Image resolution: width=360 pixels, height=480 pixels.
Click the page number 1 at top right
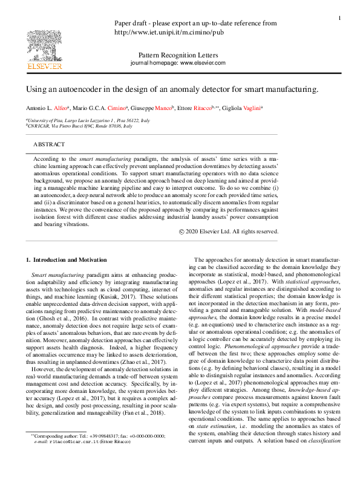pyautogui.click(x=339, y=18)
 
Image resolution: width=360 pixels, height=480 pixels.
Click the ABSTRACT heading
pyautogui.click(x=49, y=145)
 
